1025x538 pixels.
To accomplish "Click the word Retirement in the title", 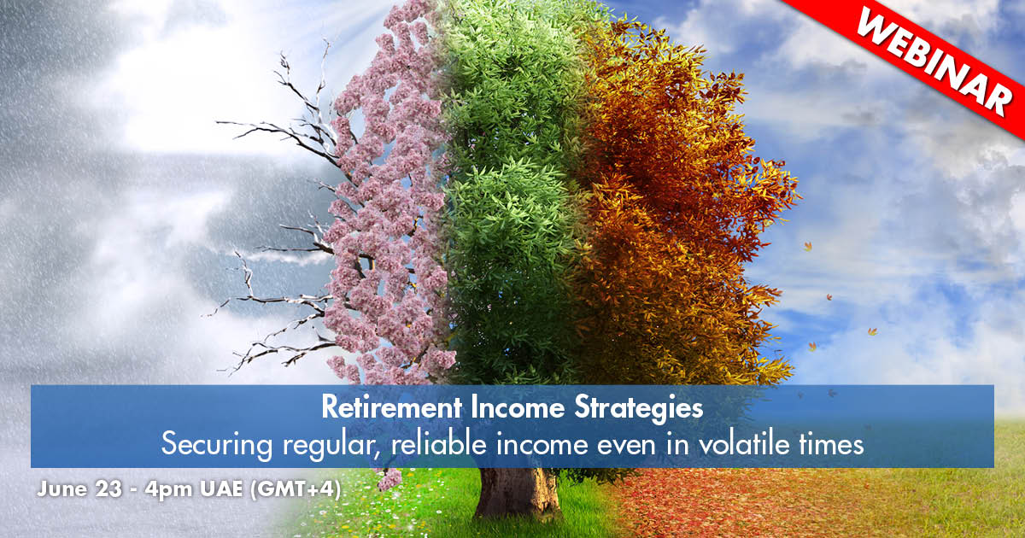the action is tap(392, 406).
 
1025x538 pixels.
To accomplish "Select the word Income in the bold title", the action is tap(517, 406).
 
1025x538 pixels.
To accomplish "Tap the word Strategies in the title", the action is tap(638, 408).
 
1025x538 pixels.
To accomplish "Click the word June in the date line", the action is tap(62, 489).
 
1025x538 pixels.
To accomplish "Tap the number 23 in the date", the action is tap(109, 489).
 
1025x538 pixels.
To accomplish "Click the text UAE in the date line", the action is tap(221, 489).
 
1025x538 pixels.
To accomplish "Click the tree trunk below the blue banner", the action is tap(517, 492).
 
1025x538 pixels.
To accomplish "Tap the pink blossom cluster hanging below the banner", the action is tap(389, 478).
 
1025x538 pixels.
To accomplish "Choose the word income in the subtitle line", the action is tap(542, 444).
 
